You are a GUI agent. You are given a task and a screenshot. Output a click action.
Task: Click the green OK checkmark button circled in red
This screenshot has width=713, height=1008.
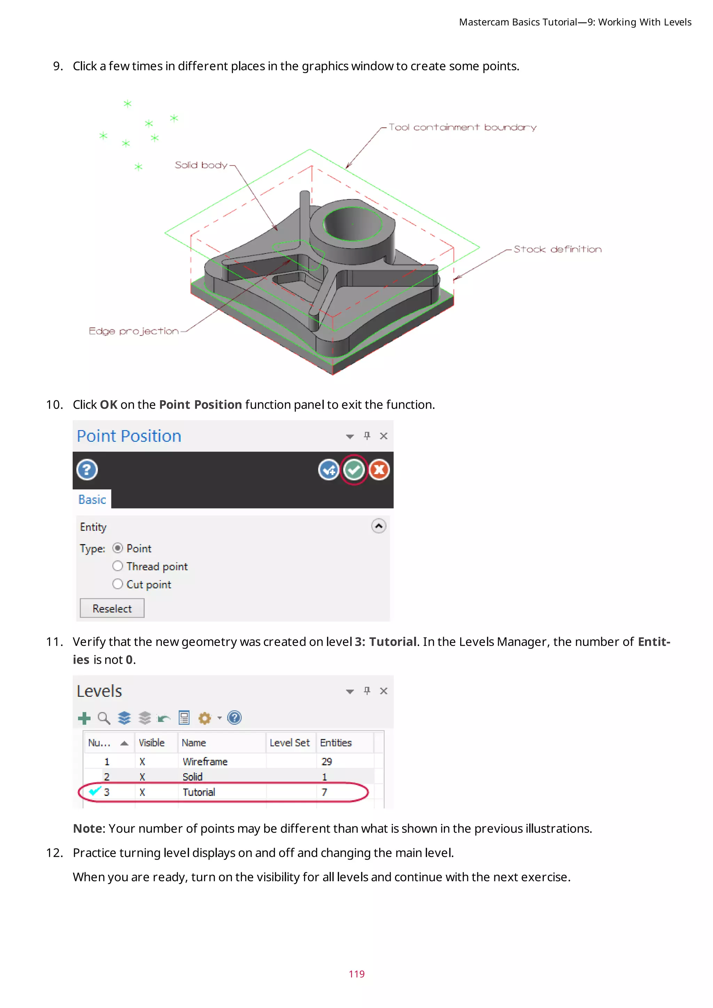[x=354, y=470]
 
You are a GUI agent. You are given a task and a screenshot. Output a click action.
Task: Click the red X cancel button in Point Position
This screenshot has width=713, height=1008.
[x=379, y=470]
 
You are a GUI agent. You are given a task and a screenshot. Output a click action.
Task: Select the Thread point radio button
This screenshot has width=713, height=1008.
[x=118, y=566]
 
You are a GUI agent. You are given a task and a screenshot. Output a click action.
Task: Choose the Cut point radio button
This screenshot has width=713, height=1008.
[x=118, y=584]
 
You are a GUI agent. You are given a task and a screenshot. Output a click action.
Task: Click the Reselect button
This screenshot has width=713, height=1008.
[x=112, y=608]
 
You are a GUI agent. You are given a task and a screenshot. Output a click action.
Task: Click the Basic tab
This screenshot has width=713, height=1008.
[x=92, y=499]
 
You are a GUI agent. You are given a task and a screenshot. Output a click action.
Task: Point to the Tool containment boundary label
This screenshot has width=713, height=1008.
[x=462, y=127]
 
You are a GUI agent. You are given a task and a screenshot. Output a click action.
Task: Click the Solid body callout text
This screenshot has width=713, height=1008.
[x=201, y=165]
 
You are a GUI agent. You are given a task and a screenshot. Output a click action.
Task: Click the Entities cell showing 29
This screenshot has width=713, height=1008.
[x=327, y=762]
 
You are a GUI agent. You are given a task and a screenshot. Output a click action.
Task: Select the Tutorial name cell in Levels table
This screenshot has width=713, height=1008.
[x=199, y=792]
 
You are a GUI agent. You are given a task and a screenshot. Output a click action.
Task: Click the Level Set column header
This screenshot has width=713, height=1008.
[x=289, y=743]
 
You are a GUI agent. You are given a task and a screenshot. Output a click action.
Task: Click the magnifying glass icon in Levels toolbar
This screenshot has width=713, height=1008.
[x=104, y=718]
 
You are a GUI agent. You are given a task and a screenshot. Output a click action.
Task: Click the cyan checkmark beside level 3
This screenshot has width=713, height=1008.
[x=94, y=791]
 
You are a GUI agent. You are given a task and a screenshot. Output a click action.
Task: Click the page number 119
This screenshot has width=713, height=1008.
[x=356, y=974]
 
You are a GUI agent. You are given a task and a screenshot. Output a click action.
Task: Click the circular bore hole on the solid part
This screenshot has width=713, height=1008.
[x=353, y=224]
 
